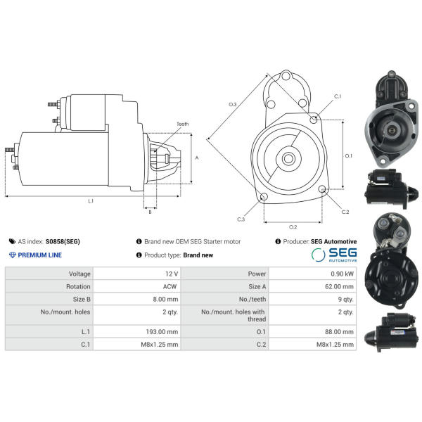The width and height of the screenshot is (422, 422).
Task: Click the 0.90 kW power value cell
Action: pyautogui.click(x=342, y=274)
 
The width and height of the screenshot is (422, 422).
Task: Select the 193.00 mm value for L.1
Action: pyautogui.click(x=162, y=331)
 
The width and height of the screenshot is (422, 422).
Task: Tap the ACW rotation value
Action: pyautogui.click(x=170, y=286)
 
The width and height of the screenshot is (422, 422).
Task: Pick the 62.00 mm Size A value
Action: pyautogui.click(x=339, y=286)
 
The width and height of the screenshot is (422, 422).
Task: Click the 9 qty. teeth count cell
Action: pyautogui.click(x=345, y=300)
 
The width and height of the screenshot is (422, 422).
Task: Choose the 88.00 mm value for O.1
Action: pyautogui.click(x=339, y=331)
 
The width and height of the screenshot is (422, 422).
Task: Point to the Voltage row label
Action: pyautogui.click(x=79, y=274)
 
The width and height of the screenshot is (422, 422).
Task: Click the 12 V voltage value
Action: pyautogui.click(x=172, y=274)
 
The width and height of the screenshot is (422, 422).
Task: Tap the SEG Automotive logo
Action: pyautogui.click(x=334, y=255)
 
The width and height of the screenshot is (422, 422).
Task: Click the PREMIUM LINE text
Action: pyautogui.click(x=39, y=255)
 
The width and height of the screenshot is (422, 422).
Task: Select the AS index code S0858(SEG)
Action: pyautogui.click(x=63, y=241)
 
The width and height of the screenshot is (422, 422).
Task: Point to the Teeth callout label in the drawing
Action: pyautogui.click(x=183, y=124)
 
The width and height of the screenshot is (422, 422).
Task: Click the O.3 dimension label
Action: pyautogui.click(x=233, y=104)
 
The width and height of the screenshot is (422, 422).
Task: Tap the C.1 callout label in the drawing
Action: pyautogui.click(x=338, y=96)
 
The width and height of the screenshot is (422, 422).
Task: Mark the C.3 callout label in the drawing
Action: pyautogui.click(x=241, y=219)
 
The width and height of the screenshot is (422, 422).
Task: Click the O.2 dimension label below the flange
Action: pyautogui.click(x=293, y=227)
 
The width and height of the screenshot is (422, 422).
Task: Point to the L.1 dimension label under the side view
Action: pyautogui.click(x=91, y=200)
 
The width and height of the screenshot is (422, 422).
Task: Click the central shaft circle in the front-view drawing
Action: pyautogui.click(x=288, y=159)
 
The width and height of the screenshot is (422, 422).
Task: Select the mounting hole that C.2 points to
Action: pyautogui.click(x=322, y=189)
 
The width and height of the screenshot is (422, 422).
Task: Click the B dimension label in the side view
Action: pyautogui.click(x=151, y=212)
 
